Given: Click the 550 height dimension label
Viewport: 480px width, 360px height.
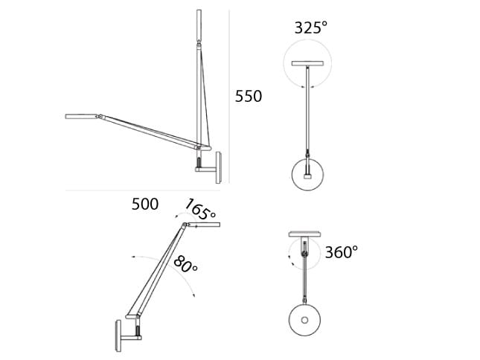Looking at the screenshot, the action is (x=249, y=96).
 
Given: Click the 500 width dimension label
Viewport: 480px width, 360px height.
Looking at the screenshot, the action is (x=145, y=204).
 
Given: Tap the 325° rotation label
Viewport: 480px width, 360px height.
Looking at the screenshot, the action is (x=311, y=28).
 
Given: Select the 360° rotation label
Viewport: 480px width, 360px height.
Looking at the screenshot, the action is (x=341, y=252).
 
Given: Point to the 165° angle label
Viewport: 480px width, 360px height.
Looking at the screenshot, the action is (x=200, y=210).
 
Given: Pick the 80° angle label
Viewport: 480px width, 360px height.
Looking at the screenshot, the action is (x=185, y=264).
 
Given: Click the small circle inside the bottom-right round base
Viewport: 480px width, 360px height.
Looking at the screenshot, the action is (x=304, y=321).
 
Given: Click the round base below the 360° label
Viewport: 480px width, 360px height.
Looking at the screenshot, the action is (x=304, y=320).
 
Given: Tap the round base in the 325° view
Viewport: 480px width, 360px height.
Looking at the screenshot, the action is (x=307, y=174).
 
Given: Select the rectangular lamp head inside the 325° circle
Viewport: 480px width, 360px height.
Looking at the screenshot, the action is (x=307, y=64).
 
